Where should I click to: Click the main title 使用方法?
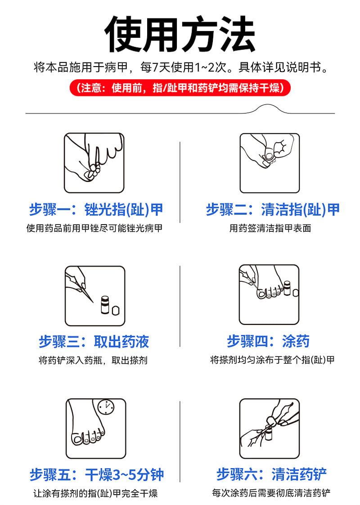[x=180, y=34]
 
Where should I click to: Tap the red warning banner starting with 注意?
[x=180, y=88]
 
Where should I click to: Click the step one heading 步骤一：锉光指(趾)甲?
[x=96, y=210]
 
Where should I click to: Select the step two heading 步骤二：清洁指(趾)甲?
[x=273, y=210]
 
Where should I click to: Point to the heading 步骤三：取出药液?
[x=94, y=342]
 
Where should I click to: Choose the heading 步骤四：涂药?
[x=268, y=341]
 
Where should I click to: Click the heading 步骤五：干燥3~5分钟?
[x=97, y=475]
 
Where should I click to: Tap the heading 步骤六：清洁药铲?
[x=271, y=474]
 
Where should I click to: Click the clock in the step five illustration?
[x=106, y=407]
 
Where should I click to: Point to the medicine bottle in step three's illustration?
[x=105, y=305]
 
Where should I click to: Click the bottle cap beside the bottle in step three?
[x=116, y=310]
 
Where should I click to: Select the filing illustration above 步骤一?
[x=94, y=163]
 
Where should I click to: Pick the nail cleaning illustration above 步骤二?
[x=270, y=163]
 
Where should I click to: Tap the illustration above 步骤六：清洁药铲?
[x=270, y=428]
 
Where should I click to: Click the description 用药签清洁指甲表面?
[x=270, y=228]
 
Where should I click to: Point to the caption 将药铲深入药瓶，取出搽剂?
[x=93, y=360]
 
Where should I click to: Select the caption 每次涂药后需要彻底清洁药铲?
[x=271, y=493]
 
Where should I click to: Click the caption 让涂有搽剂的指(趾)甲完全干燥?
[x=96, y=493]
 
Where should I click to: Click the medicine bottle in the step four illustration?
[x=287, y=288]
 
